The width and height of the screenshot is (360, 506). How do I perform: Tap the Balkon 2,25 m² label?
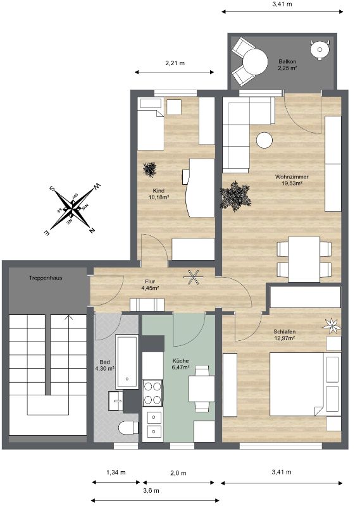[x=287, y=65]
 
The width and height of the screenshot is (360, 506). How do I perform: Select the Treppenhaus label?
[x=46, y=278]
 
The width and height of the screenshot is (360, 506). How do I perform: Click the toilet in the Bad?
[x=128, y=428]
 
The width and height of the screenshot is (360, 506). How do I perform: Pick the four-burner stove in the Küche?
[x=152, y=392]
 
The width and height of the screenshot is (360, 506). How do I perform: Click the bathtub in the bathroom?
[x=127, y=362]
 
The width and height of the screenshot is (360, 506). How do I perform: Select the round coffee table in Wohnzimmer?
[x=264, y=140]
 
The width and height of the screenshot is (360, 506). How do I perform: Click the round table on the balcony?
[x=256, y=61]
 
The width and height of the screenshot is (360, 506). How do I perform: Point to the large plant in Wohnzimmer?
[x=235, y=196]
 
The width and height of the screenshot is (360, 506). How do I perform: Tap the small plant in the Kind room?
[x=150, y=169]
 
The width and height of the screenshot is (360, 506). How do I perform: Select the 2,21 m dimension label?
[x=175, y=63]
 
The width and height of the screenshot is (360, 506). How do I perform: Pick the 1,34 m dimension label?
[x=116, y=472]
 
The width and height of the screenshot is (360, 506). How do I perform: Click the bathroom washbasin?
[x=116, y=400]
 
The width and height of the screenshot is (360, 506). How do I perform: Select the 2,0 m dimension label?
[x=178, y=473]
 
